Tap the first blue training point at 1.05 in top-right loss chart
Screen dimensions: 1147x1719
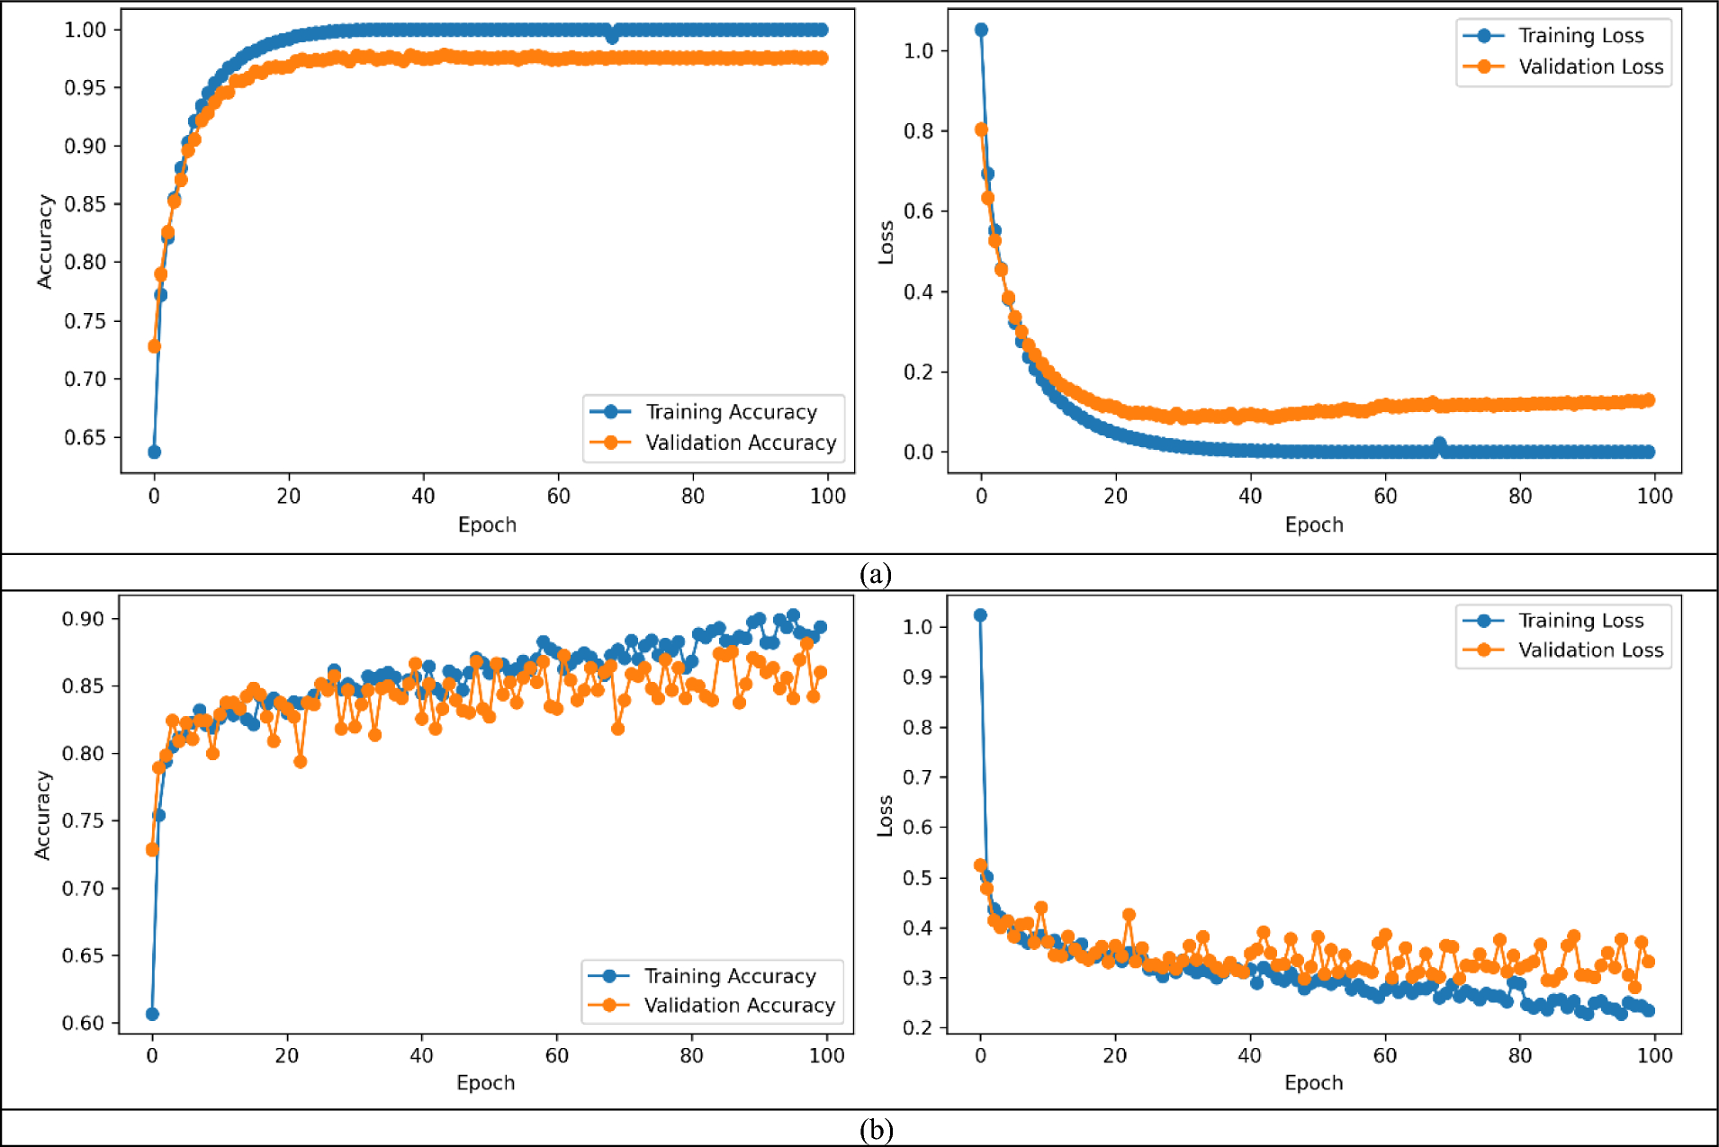(x=981, y=30)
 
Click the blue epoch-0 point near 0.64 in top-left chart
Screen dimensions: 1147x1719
(x=154, y=452)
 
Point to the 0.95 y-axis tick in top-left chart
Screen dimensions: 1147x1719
(x=85, y=87)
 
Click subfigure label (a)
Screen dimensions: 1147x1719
(x=875, y=573)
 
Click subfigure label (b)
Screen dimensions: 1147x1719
(x=875, y=1129)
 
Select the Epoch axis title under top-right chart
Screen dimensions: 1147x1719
(x=1313, y=524)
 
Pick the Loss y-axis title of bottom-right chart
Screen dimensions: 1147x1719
(x=885, y=816)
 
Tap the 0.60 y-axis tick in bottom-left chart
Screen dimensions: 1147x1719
(x=83, y=1023)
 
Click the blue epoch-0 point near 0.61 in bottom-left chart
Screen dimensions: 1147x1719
(x=152, y=1014)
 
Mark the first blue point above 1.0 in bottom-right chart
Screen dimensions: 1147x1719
(x=980, y=615)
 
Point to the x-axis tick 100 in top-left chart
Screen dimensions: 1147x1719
(x=827, y=496)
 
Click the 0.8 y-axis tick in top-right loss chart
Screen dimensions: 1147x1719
(x=918, y=131)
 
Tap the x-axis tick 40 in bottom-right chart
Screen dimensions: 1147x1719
(x=1249, y=1055)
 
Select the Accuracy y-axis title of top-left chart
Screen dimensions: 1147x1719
(x=44, y=241)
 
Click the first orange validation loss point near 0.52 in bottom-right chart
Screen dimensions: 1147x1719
(x=980, y=865)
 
